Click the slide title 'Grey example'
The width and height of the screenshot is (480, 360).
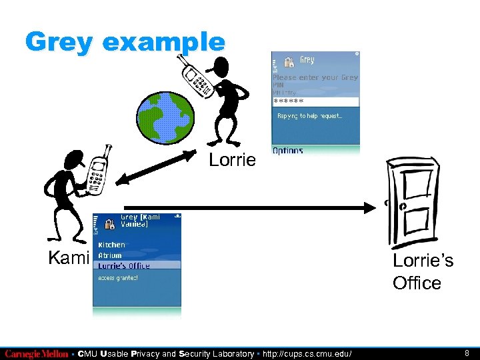[125, 43]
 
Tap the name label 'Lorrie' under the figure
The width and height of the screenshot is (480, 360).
[231, 160]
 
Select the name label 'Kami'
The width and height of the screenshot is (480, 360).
[69, 258]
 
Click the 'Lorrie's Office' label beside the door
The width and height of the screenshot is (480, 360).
[423, 271]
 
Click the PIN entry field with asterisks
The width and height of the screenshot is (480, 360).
[315, 101]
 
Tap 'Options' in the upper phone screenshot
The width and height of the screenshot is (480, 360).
[288, 151]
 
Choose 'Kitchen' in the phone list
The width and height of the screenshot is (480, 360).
[111, 245]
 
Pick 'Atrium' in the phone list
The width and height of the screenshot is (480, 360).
[110, 255]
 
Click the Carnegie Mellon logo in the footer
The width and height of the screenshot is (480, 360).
[36, 354]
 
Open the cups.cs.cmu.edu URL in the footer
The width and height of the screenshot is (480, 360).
[309, 354]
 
